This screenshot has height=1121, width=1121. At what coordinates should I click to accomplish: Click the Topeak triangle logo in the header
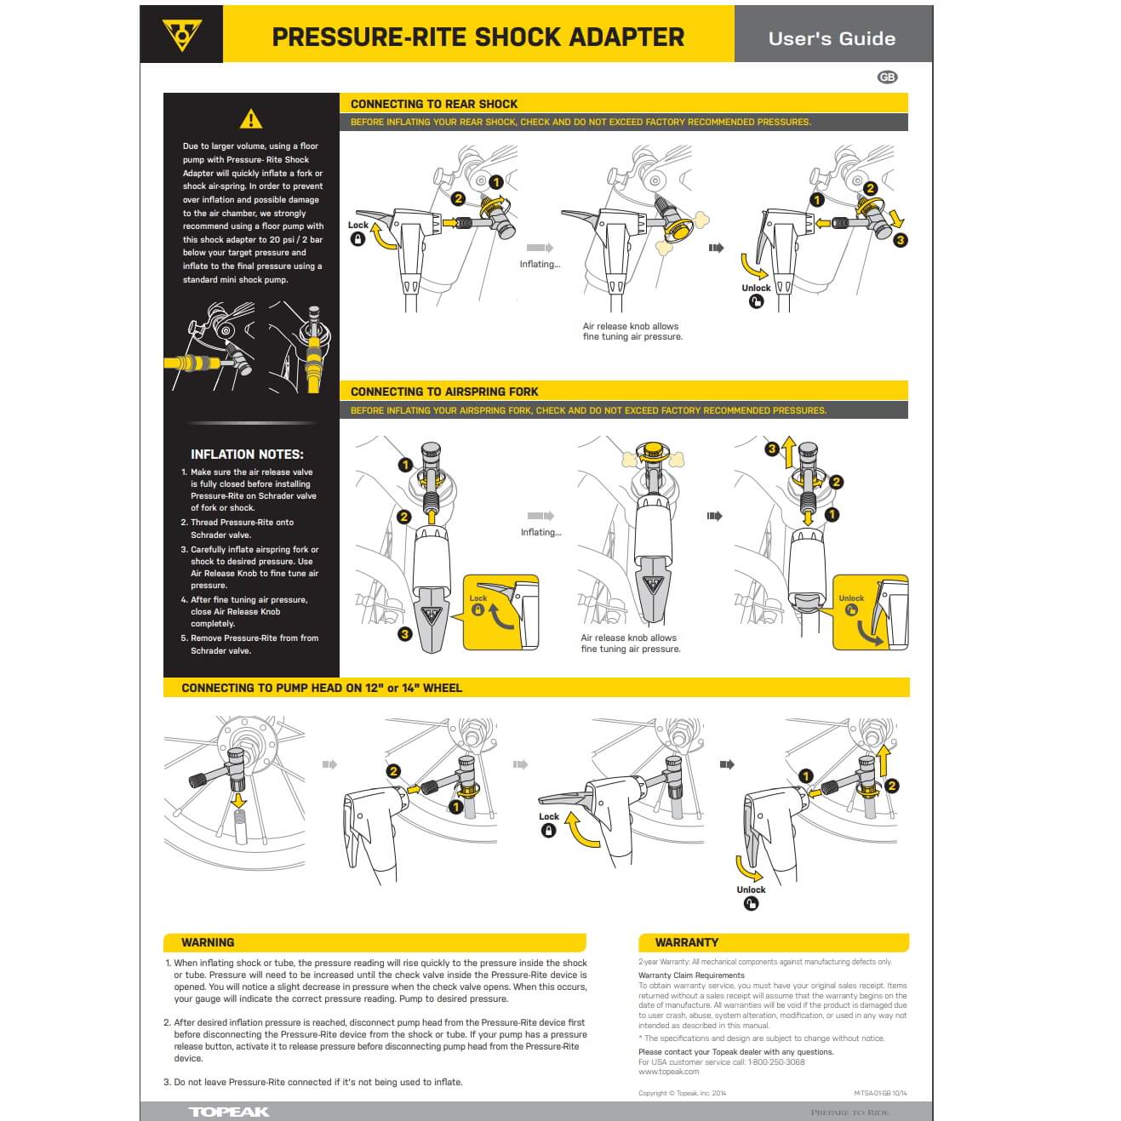(181, 35)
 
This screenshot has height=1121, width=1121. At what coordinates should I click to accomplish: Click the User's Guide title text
(831, 38)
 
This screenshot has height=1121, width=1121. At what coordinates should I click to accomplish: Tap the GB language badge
(887, 77)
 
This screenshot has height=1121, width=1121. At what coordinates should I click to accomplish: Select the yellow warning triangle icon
(250, 119)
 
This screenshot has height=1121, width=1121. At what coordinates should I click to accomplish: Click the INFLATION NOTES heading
(247, 455)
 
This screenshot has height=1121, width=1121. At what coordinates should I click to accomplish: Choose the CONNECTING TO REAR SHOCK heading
(434, 104)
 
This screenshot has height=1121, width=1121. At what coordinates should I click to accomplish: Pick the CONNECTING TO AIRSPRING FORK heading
(444, 392)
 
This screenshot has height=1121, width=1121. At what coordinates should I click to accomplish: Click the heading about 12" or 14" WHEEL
(322, 688)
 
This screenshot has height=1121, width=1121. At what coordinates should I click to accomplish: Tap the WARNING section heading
(208, 942)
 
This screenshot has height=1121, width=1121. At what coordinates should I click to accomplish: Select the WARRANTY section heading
(686, 942)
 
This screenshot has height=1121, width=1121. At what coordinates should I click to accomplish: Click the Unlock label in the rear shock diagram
(756, 288)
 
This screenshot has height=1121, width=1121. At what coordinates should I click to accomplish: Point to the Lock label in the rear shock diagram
(358, 226)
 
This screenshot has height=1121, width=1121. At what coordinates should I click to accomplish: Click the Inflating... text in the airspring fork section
(540, 532)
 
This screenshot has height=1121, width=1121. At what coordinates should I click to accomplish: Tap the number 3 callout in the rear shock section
(900, 241)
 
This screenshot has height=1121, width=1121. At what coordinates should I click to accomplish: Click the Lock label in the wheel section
(549, 816)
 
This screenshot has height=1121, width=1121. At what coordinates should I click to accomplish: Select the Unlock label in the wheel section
(751, 889)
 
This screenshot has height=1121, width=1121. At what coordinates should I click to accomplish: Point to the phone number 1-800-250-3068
(775, 1062)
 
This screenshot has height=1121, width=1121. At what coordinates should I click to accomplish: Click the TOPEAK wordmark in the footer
(228, 1112)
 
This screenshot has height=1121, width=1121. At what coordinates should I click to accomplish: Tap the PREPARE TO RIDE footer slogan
(849, 1112)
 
